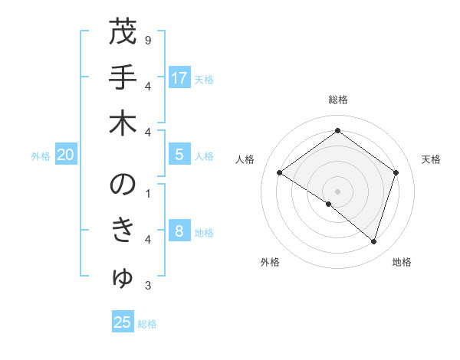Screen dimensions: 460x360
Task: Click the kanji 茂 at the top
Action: point(123,32)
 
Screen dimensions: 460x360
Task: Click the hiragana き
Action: point(123,231)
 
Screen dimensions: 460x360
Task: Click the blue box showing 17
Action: point(179,78)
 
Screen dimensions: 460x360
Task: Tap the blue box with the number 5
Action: point(179,155)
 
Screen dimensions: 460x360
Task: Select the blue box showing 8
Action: point(179,231)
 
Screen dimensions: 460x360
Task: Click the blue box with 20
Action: point(66,155)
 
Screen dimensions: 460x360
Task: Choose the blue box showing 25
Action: point(123,322)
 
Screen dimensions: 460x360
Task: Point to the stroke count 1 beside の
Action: point(147,192)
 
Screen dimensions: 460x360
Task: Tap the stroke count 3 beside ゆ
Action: point(147,286)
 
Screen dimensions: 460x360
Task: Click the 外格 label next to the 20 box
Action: point(41,156)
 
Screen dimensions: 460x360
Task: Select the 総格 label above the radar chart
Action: point(337,100)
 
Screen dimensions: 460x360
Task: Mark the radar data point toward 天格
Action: point(396,172)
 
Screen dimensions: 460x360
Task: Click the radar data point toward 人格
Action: point(279,173)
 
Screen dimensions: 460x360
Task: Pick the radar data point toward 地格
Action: point(373,241)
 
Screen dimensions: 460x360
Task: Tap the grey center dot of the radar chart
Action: point(337,190)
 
